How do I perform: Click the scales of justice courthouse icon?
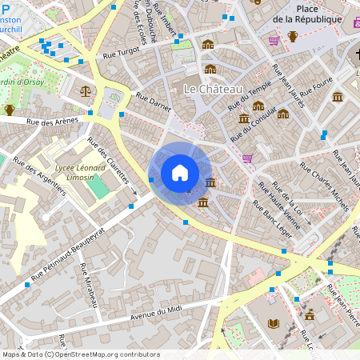click(86, 90)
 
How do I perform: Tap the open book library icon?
click(274, 323)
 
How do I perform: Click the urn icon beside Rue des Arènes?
click(10, 110)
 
